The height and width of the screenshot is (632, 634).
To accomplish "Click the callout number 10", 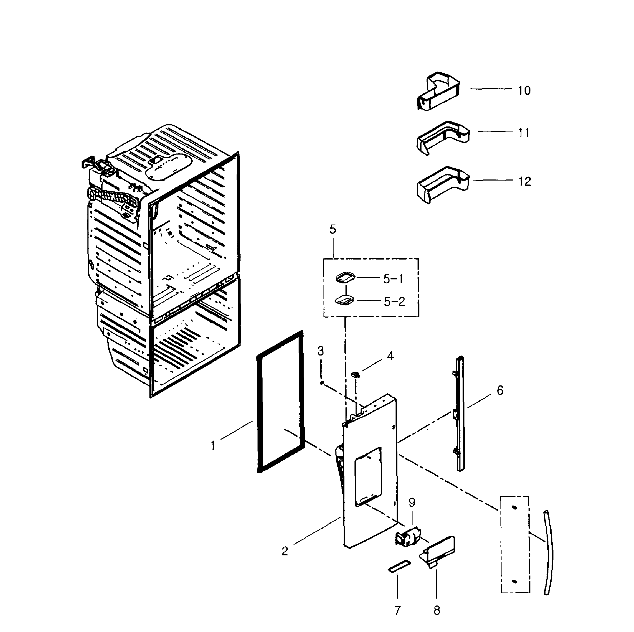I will point(524,90).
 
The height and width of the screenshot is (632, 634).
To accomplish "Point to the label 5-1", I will point(393,279).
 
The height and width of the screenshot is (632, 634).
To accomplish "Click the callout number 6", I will point(500,390).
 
